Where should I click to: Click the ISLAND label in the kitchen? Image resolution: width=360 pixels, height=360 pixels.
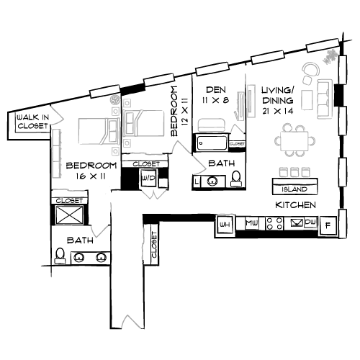pos(294,189)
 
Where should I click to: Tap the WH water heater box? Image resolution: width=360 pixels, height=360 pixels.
pos(225,225)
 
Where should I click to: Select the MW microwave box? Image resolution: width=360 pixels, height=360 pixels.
pos(252,223)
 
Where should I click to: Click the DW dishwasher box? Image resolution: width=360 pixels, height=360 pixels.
pos(310,223)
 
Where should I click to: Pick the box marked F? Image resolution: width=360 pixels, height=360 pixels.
pos(328,226)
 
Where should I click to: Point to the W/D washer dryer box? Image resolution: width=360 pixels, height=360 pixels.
pos(148,177)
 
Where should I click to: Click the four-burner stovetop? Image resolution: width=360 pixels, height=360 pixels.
pos(274,223)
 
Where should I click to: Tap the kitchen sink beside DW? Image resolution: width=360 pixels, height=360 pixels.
pos(295,223)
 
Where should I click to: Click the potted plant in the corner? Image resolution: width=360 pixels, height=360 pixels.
pos(331,56)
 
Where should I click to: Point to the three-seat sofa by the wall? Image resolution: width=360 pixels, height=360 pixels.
pos(324,99)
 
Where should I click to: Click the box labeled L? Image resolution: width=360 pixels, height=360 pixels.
pos(197,181)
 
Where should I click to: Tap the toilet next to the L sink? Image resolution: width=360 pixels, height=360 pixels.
pos(236,179)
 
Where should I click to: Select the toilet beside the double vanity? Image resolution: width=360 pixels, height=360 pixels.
pos(60,256)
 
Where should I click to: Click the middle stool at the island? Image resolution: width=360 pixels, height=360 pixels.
pos(294,172)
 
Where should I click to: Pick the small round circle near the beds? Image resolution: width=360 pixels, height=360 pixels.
pos(115,99)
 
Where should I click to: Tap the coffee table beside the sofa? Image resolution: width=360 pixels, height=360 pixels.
pos(307,99)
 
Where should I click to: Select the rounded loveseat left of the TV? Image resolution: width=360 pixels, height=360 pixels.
pos(211,125)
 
